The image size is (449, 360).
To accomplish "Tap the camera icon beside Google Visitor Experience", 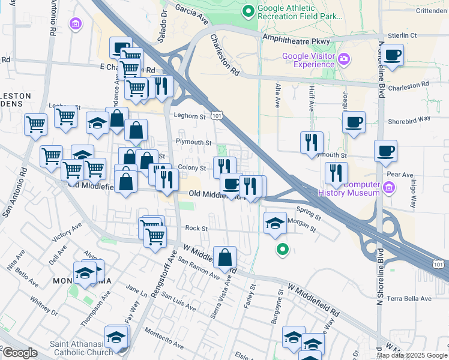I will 344,59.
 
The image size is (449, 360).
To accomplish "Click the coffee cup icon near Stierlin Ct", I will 393,55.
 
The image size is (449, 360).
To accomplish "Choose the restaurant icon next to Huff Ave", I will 312,142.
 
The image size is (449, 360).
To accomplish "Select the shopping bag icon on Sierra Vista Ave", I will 225,257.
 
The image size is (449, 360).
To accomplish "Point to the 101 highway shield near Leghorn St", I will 217,115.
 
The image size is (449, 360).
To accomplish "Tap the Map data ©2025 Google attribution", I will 411,355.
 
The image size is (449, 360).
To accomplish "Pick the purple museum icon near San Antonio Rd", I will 76,24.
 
